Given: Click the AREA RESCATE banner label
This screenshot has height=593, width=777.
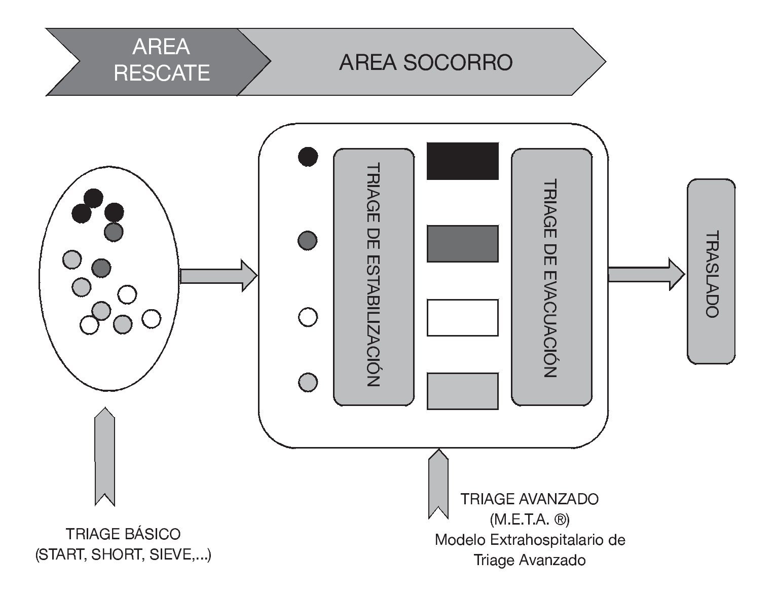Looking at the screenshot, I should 161,60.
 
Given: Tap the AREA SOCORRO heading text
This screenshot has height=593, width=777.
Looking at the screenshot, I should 426,63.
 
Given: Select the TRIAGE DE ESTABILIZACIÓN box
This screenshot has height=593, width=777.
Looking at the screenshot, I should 374,277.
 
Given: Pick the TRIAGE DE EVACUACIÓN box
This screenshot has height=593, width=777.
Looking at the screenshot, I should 551,277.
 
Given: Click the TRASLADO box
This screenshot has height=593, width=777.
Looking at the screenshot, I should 711,272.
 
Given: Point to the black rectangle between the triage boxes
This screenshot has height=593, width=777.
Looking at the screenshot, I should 462,161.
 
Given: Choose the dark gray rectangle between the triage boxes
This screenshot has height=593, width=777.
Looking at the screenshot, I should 462,244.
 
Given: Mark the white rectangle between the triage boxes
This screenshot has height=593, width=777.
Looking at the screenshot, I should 462,318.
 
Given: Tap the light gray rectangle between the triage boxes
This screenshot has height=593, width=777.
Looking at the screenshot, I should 462,391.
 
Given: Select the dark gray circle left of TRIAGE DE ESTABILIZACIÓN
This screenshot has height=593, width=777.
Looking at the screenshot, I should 307,240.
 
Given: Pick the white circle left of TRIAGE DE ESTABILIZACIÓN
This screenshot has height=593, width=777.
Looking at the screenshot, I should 308,317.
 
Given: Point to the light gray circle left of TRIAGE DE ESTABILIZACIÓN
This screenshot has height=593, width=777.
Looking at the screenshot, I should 308,382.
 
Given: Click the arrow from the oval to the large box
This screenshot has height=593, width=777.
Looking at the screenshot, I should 218,276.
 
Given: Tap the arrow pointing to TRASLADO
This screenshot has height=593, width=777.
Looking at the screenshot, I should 646,274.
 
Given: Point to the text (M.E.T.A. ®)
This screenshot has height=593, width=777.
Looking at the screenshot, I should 529,520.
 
